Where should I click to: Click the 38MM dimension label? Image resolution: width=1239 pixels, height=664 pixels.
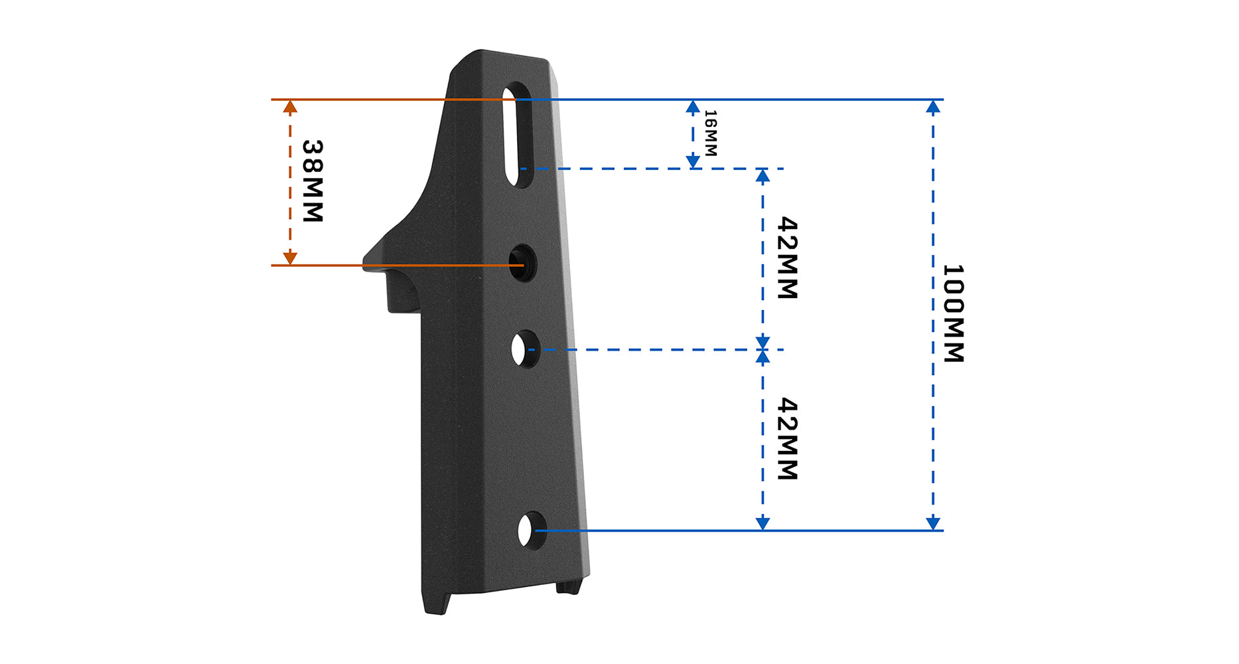pyautogui.click(x=312, y=181)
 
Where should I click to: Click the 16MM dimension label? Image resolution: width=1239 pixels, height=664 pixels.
pyautogui.click(x=710, y=133)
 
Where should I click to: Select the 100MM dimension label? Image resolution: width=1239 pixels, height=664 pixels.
pyautogui.click(x=953, y=313)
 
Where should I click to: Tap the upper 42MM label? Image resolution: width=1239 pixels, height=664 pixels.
pyautogui.click(x=787, y=258)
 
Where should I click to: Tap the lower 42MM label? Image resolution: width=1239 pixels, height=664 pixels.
pyautogui.click(x=787, y=439)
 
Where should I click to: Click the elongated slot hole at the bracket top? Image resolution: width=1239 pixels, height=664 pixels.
pyautogui.click(x=518, y=135)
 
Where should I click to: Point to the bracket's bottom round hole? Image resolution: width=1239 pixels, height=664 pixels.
pyautogui.click(x=531, y=531)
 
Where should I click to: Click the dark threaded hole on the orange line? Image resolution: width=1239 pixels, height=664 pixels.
pyautogui.click(x=523, y=263)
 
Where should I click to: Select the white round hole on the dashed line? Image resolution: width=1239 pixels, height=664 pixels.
pyautogui.click(x=524, y=349)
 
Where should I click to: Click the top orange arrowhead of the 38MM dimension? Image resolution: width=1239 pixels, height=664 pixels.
pyautogui.click(x=290, y=106)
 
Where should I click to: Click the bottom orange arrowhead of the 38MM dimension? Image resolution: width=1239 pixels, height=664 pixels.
pyautogui.click(x=290, y=258)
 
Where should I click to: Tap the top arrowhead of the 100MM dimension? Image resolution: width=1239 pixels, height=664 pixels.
pyautogui.click(x=933, y=107)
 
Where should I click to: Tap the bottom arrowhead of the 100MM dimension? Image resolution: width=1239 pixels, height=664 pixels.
pyautogui.click(x=933, y=523)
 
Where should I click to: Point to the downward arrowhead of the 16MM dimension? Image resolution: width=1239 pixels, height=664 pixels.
pyautogui.click(x=693, y=161)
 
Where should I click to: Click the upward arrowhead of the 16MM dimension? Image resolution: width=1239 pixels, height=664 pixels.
pyautogui.click(x=693, y=107)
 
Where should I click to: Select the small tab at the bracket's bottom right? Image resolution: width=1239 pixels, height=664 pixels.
pyautogui.click(x=568, y=587)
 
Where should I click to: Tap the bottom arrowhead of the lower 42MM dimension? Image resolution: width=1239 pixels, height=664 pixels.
pyautogui.click(x=763, y=523)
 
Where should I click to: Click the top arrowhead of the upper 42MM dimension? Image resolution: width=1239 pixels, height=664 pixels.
pyautogui.click(x=763, y=176)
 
